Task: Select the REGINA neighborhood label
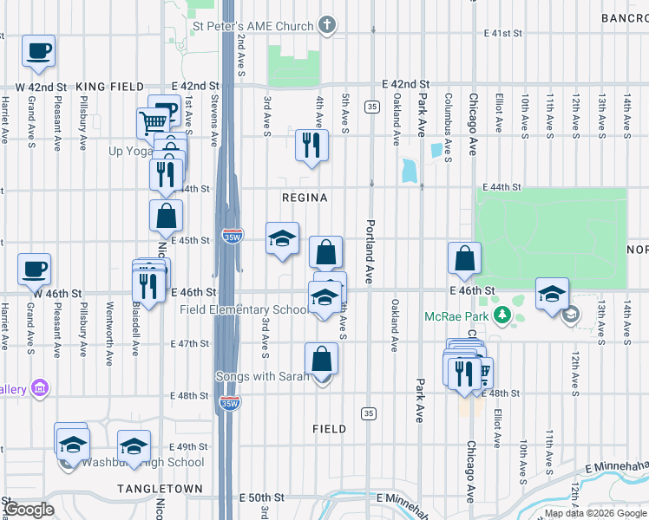point(305,198)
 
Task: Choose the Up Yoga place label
point(130,152)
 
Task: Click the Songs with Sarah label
point(262,377)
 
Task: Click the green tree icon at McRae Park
point(501,315)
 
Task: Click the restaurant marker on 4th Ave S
point(312,145)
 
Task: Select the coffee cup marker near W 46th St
point(34,269)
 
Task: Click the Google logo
point(29,510)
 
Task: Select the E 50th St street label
point(262,498)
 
